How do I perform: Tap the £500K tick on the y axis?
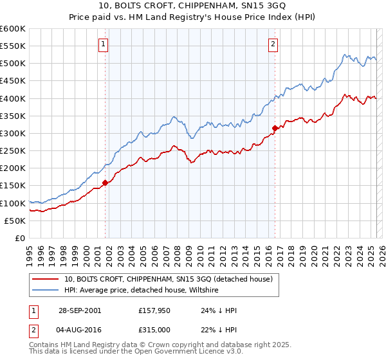13,64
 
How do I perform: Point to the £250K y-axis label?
13,151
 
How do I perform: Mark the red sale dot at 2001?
105,183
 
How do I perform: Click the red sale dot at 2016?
275,128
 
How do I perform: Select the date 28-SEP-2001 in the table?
79,310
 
